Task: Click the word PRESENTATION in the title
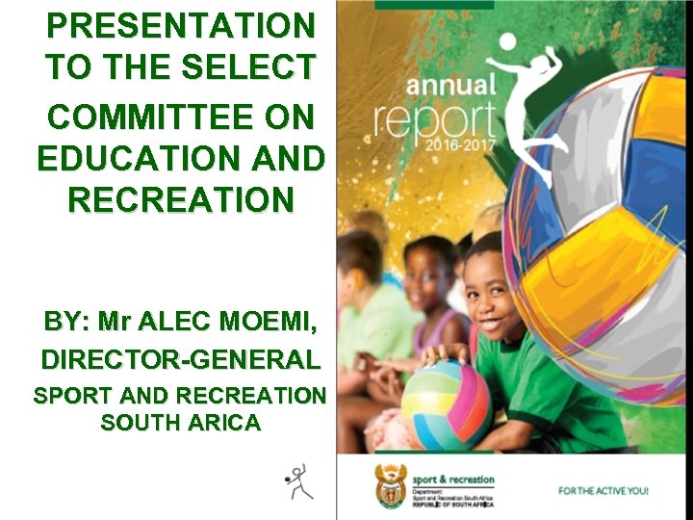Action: tap(180, 23)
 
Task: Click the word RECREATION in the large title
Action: tap(180, 200)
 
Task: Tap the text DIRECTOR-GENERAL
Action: tap(180, 360)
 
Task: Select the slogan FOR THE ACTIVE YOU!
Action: tap(604, 490)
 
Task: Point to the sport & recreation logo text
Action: tap(452, 479)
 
